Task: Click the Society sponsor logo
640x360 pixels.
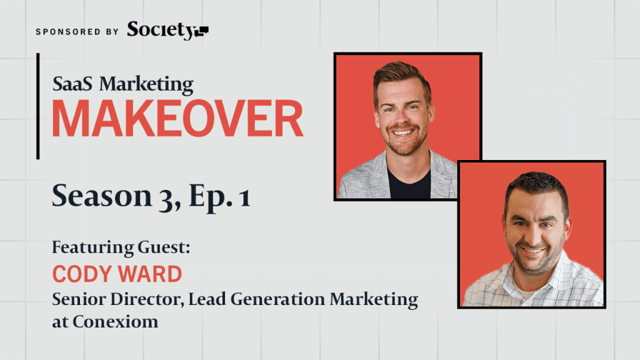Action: point(167,31)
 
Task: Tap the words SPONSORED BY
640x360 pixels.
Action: point(77,32)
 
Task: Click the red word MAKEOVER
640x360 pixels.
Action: point(177,118)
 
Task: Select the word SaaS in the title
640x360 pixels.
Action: point(72,84)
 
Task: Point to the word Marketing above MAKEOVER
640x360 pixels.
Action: point(146,85)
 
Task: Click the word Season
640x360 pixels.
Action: point(102,196)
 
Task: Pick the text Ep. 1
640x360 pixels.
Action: point(219,197)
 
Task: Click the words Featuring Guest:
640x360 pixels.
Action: point(121,247)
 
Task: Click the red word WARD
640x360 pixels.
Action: point(150,274)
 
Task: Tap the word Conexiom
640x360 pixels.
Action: point(116,322)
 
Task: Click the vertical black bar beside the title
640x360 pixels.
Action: point(38,106)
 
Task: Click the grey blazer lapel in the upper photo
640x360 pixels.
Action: point(379,176)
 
